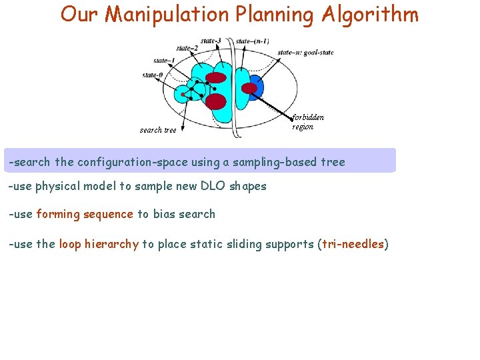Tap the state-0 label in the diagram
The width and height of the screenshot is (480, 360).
pyautogui.click(x=153, y=75)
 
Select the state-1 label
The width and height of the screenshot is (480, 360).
pyautogui.click(x=164, y=61)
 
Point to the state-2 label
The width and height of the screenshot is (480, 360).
pyautogui.click(x=187, y=48)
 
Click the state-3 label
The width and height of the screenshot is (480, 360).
pyautogui.click(x=211, y=41)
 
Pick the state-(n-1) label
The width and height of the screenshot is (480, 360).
pyautogui.click(x=253, y=41)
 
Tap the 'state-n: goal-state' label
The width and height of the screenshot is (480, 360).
pyautogui.click(x=305, y=52)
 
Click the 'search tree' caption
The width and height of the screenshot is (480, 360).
pyautogui.click(x=158, y=130)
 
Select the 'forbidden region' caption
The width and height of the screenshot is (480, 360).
pyautogui.click(x=308, y=122)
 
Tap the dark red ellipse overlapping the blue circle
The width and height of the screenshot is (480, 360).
pyautogui.click(x=249, y=88)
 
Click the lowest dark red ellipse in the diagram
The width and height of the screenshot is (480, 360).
pyautogui.click(x=216, y=101)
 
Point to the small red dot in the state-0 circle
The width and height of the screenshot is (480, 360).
pyautogui.click(x=183, y=95)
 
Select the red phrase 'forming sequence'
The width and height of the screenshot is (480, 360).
pyautogui.click(x=85, y=214)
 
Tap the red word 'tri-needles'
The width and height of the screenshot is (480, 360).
pyautogui.click(x=353, y=244)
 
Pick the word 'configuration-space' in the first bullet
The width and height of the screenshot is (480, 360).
pyautogui.click(x=129, y=162)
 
